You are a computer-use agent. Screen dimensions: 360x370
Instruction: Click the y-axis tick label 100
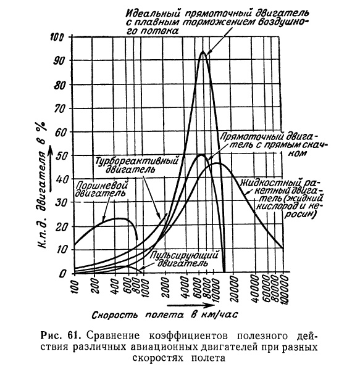tap(56, 37)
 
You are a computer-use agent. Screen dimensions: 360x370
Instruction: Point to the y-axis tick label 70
tap(59, 109)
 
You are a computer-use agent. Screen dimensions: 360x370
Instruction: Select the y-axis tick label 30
tap(60, 202)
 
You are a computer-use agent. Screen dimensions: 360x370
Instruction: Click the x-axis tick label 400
tap(115, 284)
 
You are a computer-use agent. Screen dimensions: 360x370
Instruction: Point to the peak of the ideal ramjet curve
tap(203, 51)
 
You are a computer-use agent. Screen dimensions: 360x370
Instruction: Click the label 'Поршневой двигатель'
tap(102, 189)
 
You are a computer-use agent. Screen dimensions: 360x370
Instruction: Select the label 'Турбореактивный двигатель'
tap(136, 165)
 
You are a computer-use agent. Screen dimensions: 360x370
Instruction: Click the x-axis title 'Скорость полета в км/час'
tap(165, 314)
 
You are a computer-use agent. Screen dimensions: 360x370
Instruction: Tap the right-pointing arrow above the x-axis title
tap(190, 305)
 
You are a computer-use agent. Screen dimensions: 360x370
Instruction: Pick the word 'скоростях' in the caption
tap(158, 358)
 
